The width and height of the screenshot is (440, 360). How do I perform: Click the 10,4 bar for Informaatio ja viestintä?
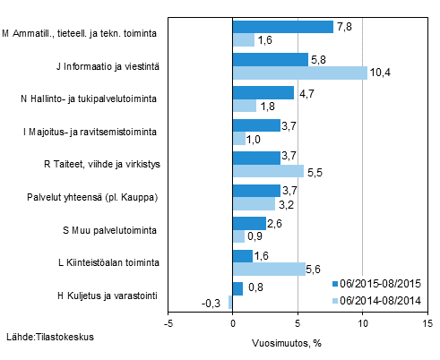(x=299, y=73)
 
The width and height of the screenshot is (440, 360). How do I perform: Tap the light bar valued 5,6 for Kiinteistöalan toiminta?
(x=268, y=269)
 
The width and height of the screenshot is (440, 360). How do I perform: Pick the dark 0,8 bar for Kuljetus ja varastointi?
(x=237, y=288)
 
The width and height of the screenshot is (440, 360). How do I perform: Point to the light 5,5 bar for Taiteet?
(x=267, y=171)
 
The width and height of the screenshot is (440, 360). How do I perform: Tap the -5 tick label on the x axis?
(x=168, y=323)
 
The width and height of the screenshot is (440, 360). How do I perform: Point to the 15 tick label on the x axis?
(x=427, y=323)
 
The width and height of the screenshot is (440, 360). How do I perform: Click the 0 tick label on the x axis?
(x=232, y=323)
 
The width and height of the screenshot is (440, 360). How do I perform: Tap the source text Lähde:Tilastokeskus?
(x=50, y=338)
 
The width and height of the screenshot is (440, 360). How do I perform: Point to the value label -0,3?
(x=215, y=303)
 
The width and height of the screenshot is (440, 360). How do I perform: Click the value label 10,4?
(x=380, y=73)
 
